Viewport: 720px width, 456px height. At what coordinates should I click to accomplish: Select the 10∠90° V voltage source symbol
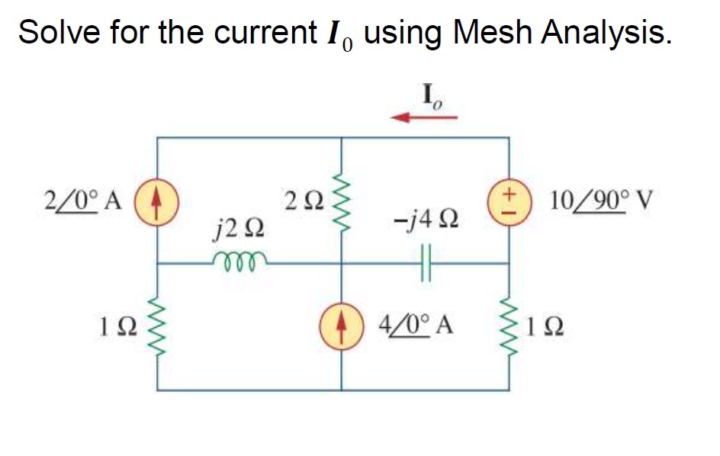pos(509,202)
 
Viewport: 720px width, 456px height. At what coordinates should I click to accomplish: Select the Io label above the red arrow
pos(432,96)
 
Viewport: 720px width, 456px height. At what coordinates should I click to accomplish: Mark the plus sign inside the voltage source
pos(509,193)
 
